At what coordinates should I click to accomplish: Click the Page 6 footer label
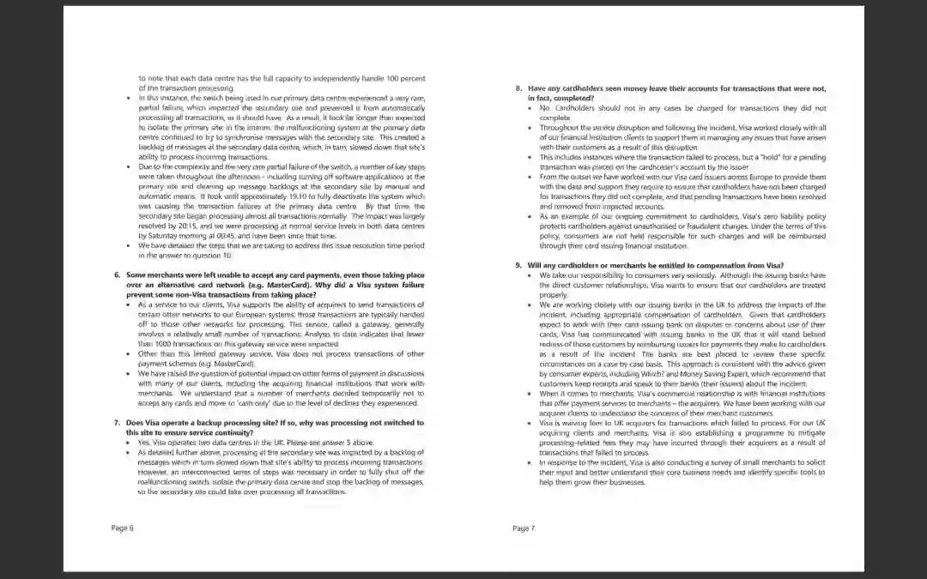click(x=123, y=528)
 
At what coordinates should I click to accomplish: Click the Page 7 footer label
click(x=524, y=528)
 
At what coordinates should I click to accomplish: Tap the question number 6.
click(x=118, y=274)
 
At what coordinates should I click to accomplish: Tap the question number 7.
click(x=118, y=423)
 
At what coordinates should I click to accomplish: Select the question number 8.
click(x=518, y=88)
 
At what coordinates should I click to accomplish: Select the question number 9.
click(x=518, y=265)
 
